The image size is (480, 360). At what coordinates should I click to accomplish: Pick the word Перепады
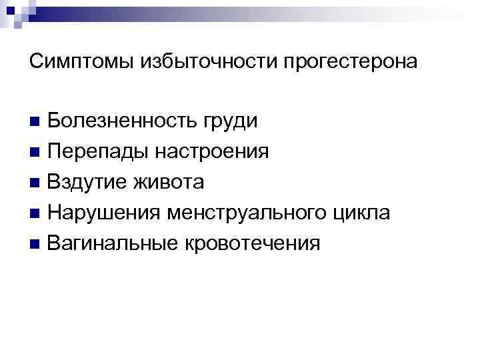click(x=100, y=152)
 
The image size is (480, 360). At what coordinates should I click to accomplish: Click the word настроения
click(x=213, y=152)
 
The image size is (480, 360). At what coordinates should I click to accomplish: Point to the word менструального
click(x=248, y=213)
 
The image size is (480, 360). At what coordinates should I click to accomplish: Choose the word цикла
click(x=364, y=213)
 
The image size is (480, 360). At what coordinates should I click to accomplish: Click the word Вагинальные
click(x=109, y=243)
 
